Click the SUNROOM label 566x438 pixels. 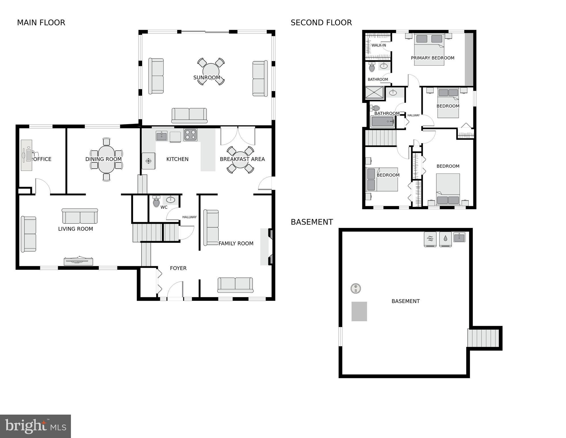(207, 78)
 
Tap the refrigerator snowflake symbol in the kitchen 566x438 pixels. (148, 161)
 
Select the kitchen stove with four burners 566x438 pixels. (190, 135)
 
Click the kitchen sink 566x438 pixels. (162, 136)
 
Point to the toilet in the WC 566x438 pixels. (156, 201)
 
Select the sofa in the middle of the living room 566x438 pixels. (80, 216)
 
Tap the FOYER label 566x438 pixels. (178, 268)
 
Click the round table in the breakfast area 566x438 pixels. (240, 160)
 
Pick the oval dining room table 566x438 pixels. (106, 159)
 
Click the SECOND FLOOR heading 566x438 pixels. (321, 23)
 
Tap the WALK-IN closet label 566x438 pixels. (379, 45)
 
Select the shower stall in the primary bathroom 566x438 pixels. (374, 92)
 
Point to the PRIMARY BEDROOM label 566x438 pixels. (432, 58)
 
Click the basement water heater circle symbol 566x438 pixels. (355, 288)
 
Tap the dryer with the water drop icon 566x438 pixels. (445, 239)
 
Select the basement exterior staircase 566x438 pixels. (483, 338)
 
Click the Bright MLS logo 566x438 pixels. (35, 426)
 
